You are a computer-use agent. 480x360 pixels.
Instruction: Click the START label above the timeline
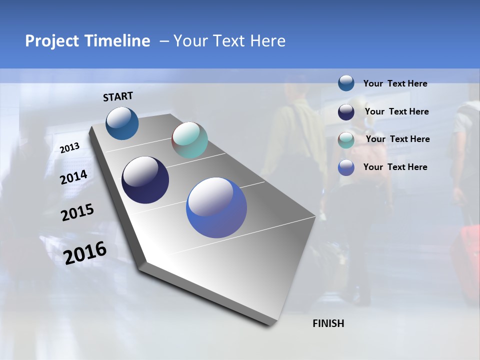118,96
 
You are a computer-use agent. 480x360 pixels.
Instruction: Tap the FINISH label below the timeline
328,323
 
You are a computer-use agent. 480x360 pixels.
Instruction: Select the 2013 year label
70,148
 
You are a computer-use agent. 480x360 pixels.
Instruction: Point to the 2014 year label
74,177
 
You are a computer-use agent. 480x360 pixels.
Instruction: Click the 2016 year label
85,253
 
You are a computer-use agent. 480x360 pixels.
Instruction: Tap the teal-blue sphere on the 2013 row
122,123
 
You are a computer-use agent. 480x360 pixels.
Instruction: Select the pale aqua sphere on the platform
189,140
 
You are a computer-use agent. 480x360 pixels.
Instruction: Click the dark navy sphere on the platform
145,180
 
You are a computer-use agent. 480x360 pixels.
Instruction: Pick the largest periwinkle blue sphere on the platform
216,207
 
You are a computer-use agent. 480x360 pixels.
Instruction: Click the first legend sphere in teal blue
346,83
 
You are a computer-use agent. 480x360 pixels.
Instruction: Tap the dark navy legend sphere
346,112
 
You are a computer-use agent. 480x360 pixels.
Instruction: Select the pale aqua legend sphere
346,139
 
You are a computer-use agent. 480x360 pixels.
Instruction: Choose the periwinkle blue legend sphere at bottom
346,167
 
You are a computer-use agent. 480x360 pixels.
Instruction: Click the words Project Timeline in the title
87,41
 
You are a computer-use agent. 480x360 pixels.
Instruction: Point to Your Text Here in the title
229,41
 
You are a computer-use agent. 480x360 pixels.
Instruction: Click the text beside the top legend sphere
395,83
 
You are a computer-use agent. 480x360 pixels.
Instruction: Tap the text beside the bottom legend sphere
395,167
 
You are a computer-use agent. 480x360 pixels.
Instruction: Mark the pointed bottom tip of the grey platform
270,325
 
